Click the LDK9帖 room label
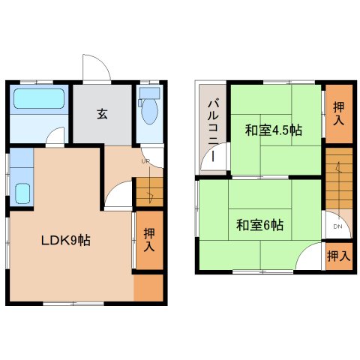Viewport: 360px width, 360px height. point(65,241)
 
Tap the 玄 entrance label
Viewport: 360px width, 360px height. point(102,114)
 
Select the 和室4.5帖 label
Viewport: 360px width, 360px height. point(274,130)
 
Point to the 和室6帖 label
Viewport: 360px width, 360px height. point(260,225)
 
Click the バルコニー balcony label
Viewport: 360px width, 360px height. point(213,130)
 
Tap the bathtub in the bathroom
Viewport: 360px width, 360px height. point(39,98)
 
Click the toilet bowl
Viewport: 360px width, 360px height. point(150,111)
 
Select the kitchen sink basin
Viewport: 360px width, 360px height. point(22,193)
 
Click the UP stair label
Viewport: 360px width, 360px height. point(145,161)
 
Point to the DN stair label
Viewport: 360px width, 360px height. point(337,226)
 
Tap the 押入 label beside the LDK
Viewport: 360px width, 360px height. point(149,240)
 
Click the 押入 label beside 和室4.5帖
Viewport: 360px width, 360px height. point(339,113)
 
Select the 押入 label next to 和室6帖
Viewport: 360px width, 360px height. point(339,256)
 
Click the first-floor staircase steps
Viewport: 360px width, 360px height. point(149,192)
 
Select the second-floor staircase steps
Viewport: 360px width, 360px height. point(339,178)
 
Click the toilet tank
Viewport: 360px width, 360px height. point(149,93)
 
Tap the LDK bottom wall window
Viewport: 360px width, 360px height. point(73,304)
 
